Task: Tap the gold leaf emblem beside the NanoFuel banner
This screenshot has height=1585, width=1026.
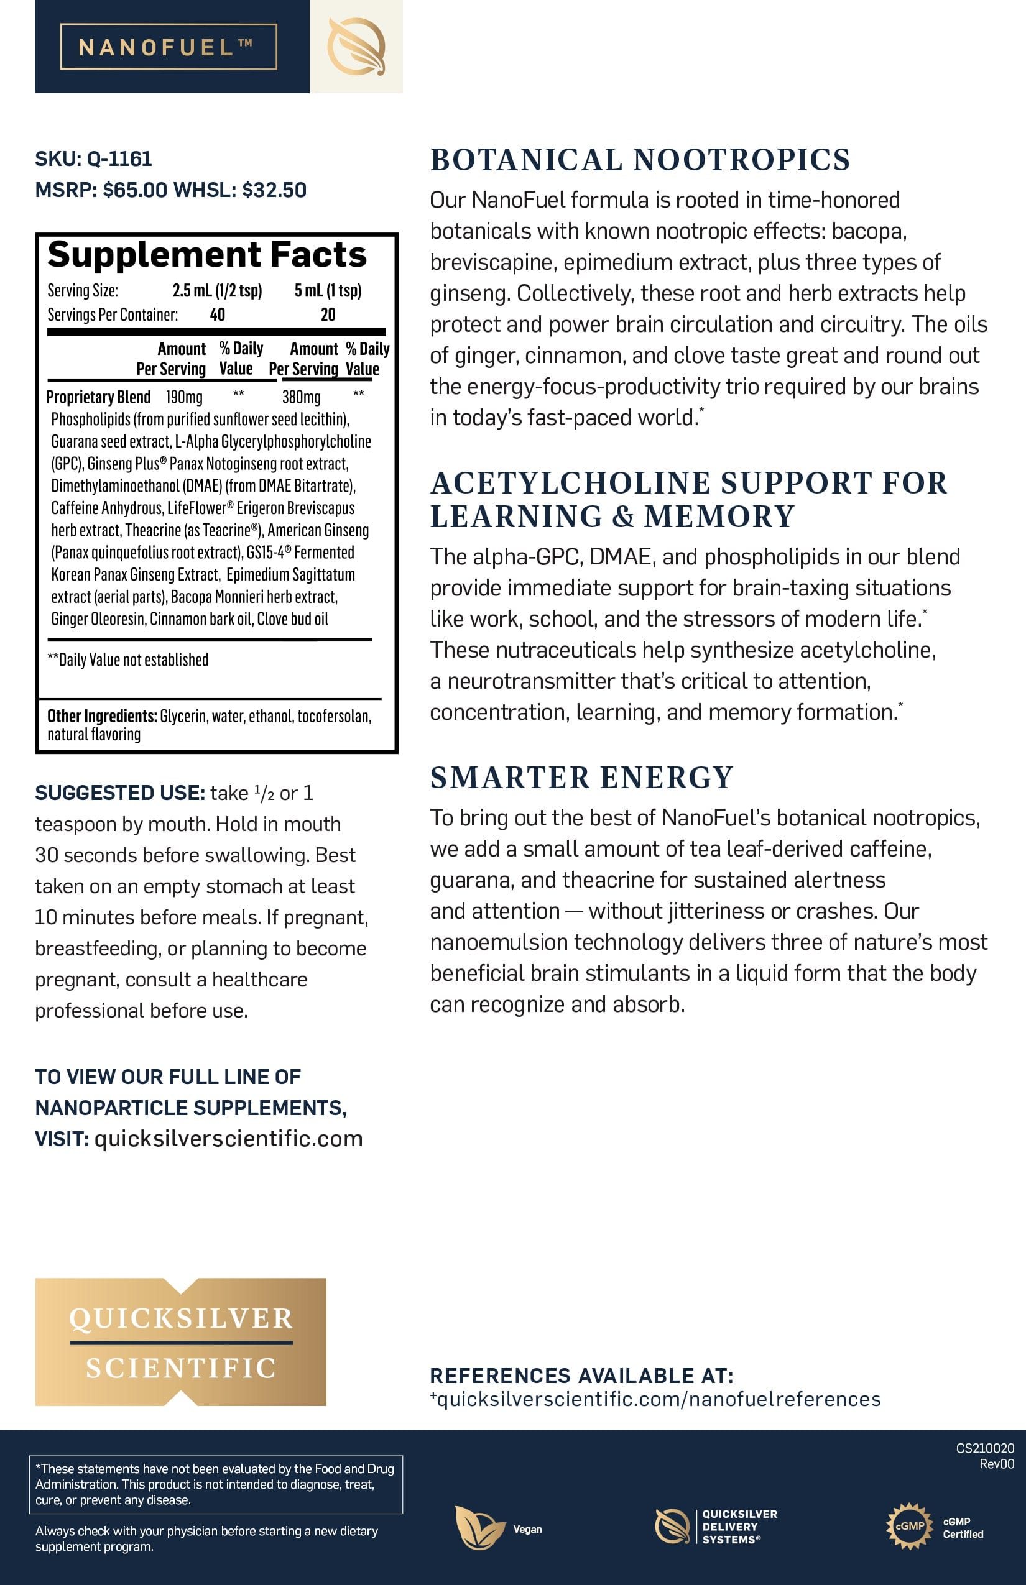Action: [356, 46]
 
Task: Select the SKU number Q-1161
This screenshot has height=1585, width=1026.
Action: [119, 158]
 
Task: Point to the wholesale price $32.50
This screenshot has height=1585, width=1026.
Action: [274, 190]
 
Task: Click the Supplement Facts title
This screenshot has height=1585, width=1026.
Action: [206, 254]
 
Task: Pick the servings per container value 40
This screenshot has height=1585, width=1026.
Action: [217, 315]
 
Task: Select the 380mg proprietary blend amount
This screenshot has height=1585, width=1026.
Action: [301, 397]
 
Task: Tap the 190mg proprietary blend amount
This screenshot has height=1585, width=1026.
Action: [184, 397]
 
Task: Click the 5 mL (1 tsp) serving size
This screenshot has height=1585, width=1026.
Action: [328, 290]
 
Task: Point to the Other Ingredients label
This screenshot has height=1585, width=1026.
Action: [101, 716]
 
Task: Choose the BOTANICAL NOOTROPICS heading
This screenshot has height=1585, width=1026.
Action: [640, 160]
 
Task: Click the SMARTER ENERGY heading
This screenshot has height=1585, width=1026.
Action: [581, 777]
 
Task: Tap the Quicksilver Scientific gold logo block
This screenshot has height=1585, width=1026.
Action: [180, 1341]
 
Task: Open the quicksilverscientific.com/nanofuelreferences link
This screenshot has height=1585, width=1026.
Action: [659, 1399]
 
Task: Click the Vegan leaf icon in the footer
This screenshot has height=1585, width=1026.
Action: [479, 1527]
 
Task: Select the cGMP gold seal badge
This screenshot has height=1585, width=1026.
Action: [908, 1525]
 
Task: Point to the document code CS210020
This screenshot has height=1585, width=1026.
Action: [985, 1448]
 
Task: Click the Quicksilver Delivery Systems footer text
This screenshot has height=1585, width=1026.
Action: [739, 1527]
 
